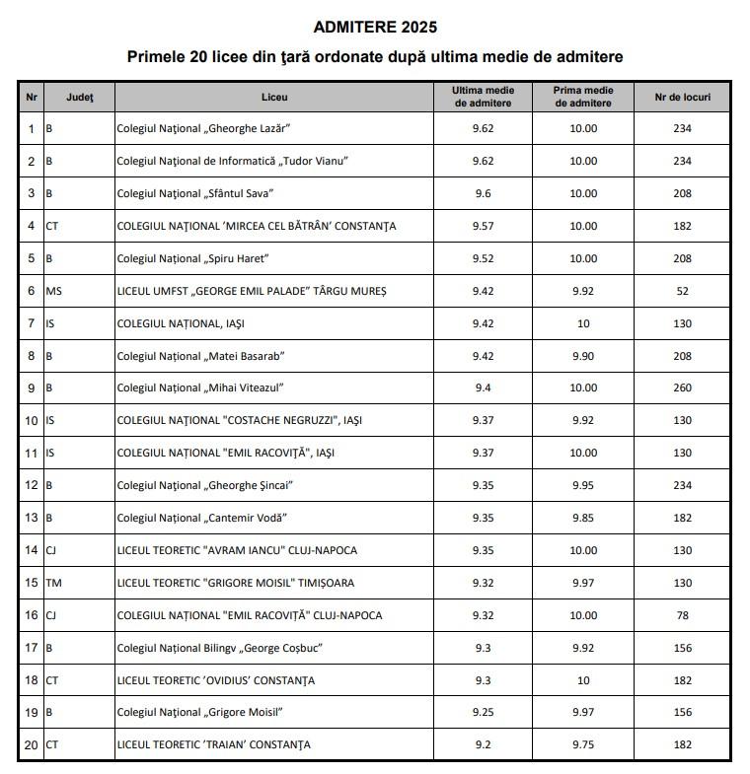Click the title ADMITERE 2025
click(375, 27)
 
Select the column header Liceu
click(275, 97)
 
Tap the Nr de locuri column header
click(682, 97)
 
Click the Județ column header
click(80, 97)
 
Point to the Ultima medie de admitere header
click(484, 97)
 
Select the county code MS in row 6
click(54, 291)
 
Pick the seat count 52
click(683, 291)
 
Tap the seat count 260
click(683, 388)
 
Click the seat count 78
click(683, 615)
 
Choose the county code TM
click(55, 583)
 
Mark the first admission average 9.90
click(583, 356)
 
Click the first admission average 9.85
click(583, 518)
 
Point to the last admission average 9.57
click(484, 226)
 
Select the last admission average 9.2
click(484, 744)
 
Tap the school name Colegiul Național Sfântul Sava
click(195, 193)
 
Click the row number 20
click(32, 744)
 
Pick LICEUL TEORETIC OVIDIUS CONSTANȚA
click(216, 680)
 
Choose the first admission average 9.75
click(583, 744)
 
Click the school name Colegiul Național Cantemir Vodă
click(202, 518)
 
